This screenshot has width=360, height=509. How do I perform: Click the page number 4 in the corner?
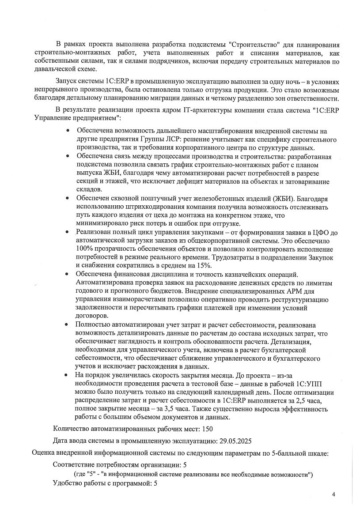click(x=333, y=494)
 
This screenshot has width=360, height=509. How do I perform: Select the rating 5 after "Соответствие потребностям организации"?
click(x=185, y=465)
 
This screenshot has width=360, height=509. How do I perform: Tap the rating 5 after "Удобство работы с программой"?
click(x=155, y=483)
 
